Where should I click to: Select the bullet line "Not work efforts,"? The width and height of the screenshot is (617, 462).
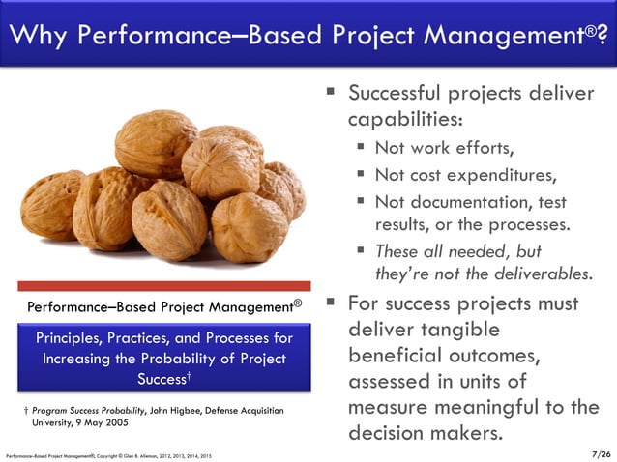point(444,148)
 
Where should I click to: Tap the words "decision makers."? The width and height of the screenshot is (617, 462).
point(426,433)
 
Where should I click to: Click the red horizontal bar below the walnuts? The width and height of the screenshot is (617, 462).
point(165,286)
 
